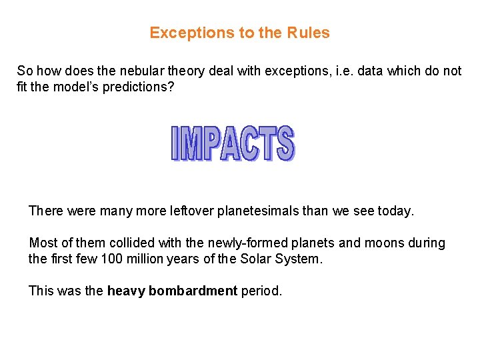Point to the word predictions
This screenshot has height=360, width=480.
137,87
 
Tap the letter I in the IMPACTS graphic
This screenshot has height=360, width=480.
175,143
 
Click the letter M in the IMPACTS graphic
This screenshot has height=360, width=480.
191,143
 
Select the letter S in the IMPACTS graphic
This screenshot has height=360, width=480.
285,143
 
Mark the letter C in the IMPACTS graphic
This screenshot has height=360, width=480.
250,143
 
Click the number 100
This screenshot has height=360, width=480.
111,259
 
